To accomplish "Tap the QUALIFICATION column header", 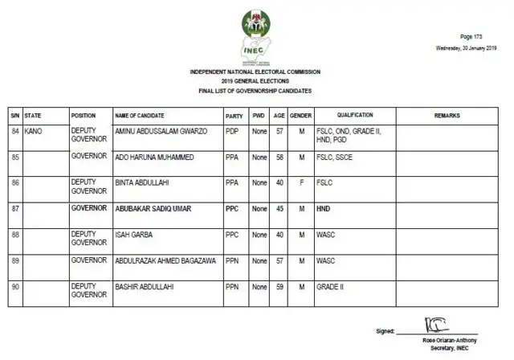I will coord(355,116).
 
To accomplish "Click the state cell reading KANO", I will coord(34,130).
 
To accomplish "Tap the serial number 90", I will coord(14,287).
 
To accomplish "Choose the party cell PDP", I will coord(232,130).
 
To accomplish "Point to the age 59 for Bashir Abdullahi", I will coord(279,287).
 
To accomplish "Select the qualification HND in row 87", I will coord(324,208).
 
